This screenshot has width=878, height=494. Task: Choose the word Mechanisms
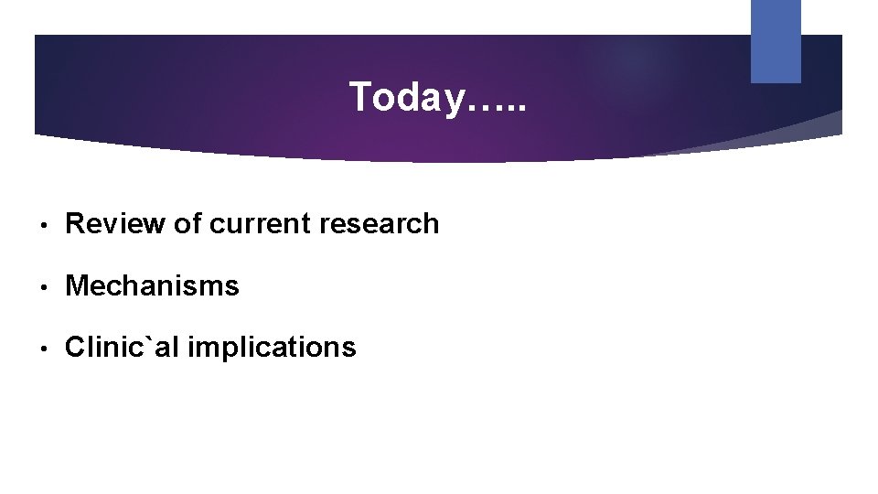pos(152,286)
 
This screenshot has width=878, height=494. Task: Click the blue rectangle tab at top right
pos(776,40)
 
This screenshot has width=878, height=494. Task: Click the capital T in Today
pos(360,97)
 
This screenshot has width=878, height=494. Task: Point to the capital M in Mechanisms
pos(77,286)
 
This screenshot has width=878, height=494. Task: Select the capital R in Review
pos(76,223)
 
